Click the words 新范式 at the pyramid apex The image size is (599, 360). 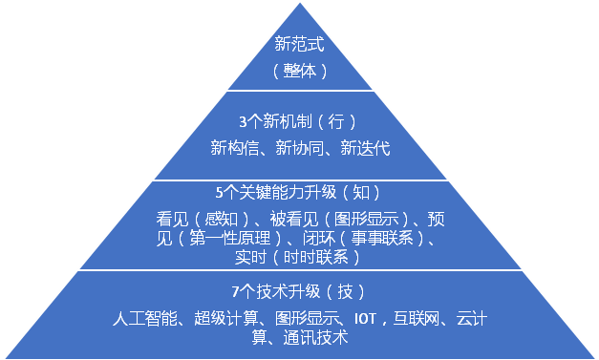pos(300,44)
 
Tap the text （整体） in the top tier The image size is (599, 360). pos(300,71)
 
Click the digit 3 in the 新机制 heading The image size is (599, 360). pos(243,122)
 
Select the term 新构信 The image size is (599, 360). pos(235,148)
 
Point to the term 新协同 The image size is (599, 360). pos(300,148)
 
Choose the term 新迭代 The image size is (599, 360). pos(365,148)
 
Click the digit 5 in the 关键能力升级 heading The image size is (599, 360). pos(219,193)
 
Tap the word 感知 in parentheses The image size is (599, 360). pos(221,219)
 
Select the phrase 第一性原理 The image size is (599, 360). pos(230,238)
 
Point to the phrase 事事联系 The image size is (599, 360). pos(382,238)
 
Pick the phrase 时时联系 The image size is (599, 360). pos(316,257)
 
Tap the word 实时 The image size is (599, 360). pos(250,257)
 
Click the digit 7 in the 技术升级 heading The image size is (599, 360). pos(235,292)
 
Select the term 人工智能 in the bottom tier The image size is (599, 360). pos(145,318)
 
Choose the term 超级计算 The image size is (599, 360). pos(226,318)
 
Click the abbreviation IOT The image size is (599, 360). pos(366,319)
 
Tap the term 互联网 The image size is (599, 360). pos(417,318)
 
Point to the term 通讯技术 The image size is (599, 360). pos(315,337)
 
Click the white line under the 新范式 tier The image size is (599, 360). pos(300,91)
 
